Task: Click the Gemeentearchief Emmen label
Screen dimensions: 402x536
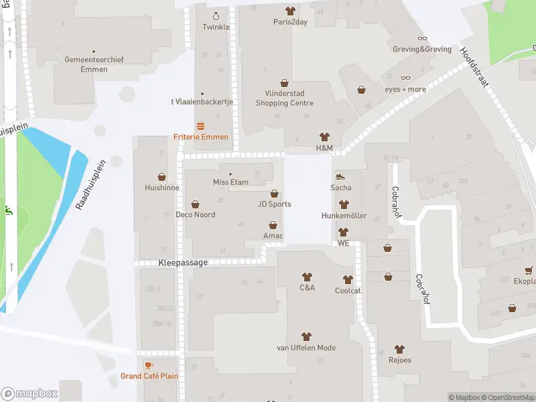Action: (94, 64)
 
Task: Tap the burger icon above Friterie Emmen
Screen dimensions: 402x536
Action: (200, 125)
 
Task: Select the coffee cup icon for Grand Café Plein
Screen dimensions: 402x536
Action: (149, 365)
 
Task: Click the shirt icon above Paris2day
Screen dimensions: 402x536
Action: (290, 11)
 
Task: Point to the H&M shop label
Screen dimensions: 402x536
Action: (324, 147)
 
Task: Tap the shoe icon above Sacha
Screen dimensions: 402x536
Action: (340, 177)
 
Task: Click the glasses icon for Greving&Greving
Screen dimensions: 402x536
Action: (422, 38)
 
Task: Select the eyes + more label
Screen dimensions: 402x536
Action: (405, 89)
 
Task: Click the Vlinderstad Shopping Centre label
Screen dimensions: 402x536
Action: (285, 98)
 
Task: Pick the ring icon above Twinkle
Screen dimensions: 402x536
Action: (216, 16)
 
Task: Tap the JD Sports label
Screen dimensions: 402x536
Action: (275, 204)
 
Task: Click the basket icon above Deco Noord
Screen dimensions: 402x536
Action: (196, 204)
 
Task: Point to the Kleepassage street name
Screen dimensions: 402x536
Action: (183, 263)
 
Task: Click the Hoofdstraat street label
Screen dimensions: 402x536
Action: (475, 66)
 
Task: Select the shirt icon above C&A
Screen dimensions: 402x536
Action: (307, 277)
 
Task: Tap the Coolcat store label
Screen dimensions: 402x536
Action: (348, 291)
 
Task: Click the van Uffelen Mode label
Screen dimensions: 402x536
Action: (306, 348)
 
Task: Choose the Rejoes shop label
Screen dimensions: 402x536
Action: (399, 360)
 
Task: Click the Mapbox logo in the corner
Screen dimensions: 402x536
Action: (29, 394)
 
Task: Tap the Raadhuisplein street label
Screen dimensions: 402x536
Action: (91, 185)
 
